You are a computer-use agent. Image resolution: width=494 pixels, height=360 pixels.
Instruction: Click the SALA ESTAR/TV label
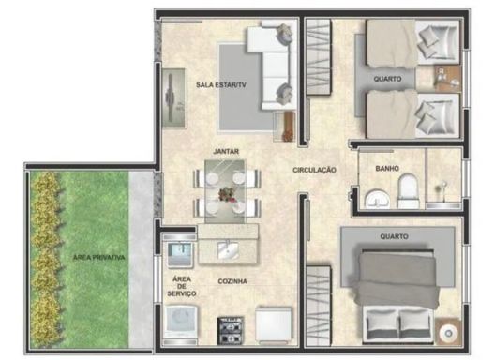(221, 85)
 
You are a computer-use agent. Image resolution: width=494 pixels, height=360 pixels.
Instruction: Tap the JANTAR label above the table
(226, 152)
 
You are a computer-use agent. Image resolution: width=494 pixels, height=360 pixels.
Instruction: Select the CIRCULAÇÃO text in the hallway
(314, 170)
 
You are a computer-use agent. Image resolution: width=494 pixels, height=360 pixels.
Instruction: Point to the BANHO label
(387, 169)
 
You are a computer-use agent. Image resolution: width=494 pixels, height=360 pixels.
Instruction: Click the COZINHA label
(232, 281)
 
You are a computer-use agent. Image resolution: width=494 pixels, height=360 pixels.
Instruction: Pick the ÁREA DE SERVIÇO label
(182, 286)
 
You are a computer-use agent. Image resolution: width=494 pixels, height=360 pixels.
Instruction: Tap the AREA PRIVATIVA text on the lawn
(99, 258)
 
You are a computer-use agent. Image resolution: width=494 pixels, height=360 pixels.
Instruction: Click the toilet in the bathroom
(409, 191)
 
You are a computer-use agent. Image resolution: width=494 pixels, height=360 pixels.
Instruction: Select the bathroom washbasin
(377, 199)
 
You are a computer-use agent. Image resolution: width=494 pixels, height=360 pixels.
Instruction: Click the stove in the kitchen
(231, 330)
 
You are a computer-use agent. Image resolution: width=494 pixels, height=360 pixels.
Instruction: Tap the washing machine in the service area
(182, 322)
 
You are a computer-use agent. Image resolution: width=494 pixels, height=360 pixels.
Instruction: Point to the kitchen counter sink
(228, 250)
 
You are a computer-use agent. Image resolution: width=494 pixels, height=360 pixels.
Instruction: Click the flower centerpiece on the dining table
(227, 193)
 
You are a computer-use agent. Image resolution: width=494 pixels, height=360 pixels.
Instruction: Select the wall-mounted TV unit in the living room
(173, 98)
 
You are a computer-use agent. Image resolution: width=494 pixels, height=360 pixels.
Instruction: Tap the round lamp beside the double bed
(448, 333)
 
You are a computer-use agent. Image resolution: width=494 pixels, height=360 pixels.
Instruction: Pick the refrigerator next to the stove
(274, 324)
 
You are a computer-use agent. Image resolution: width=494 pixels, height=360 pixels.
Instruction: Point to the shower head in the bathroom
(442, 186)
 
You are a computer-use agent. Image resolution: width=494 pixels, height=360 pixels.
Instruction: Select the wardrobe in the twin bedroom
(319, 56)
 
